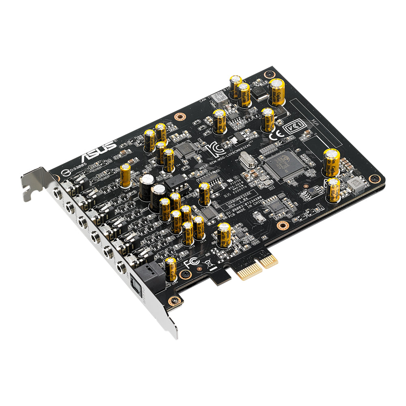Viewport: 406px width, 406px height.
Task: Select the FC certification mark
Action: pos(191,263)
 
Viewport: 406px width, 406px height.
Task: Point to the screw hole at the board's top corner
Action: pos(269,74)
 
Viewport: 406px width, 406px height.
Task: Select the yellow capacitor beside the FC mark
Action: pos(171,268)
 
